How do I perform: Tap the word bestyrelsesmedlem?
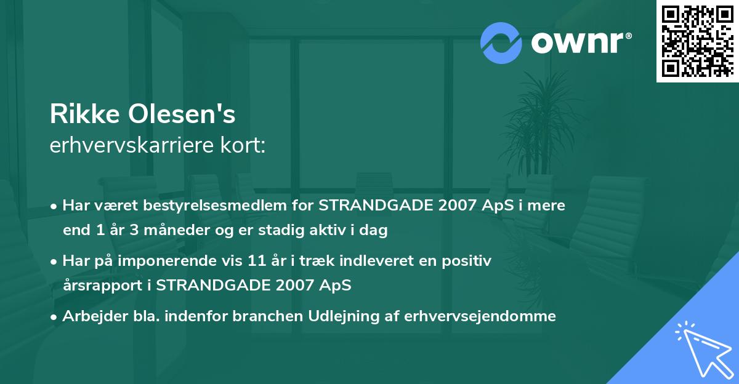pos(198,205)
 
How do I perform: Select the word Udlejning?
pos(349,316)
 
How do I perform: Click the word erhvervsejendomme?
pos(480,316)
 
